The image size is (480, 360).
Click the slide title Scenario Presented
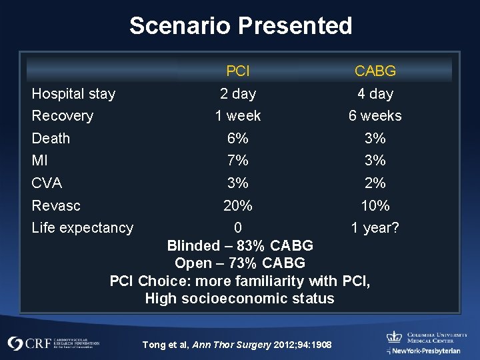pos(241,26)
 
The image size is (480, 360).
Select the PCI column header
pos(238,71)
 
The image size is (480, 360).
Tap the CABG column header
pos(375,71)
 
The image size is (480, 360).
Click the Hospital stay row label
pos(73,94)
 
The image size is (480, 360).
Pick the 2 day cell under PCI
pos(238,94)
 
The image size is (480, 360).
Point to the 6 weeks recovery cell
pos(375,116)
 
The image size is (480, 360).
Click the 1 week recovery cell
pos(238,116)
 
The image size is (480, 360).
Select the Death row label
pos(51,139)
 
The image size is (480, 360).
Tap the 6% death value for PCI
pos(238,139)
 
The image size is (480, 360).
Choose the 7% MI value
pos(238,161)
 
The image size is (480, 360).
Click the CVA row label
pos(47,183)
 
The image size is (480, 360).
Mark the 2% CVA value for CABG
pos(375,183)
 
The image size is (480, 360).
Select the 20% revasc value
pos(238,205)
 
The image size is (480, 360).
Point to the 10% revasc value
pos(375,205)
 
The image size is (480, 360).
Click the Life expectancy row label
pos(83,228)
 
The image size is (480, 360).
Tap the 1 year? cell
pos(375,228)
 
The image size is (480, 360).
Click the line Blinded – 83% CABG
pos(240,245)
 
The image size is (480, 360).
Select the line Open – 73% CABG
pos(240,263)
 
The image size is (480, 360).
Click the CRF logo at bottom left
pos(53,343)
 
